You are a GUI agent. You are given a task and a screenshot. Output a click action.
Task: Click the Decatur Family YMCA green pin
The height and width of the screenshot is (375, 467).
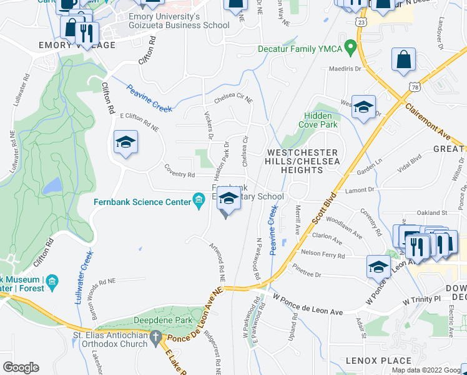pos(351,47)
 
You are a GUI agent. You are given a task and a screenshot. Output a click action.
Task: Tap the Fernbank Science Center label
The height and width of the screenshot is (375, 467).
pos(142,202)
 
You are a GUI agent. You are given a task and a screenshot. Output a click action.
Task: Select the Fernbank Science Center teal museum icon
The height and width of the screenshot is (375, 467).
pos(199,201)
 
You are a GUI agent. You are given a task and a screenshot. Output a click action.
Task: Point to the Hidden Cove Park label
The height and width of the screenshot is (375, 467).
pos(321,120)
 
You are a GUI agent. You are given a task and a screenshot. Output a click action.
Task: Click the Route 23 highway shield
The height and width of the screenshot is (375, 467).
pos(361,22)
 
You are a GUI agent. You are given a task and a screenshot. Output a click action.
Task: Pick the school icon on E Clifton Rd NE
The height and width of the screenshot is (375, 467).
pos(125,142)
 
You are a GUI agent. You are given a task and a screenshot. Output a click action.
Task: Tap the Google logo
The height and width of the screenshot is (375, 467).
pos(21,367)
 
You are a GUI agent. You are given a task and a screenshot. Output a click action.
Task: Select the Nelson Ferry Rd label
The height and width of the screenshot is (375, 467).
pos(323,255)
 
